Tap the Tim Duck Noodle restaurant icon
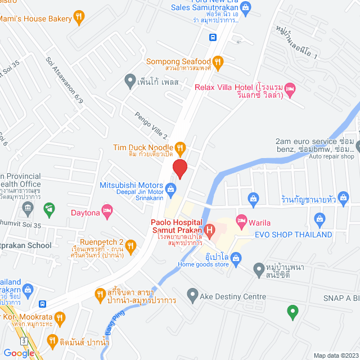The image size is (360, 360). tap(180, 148)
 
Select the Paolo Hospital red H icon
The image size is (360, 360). tap(209, 229)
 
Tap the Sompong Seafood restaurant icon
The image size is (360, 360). tap(218, 61)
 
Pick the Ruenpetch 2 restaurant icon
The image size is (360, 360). tap(130, 245)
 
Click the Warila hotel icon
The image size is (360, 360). tap(242, 219)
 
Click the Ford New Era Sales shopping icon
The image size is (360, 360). tap(246, 8)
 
